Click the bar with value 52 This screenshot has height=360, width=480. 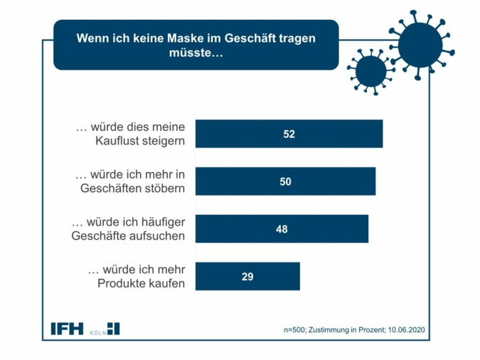(289, 134)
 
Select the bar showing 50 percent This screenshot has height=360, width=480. (285, 181)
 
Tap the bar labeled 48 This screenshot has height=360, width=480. (282, 229)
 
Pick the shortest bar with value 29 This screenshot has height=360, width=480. (247, 277)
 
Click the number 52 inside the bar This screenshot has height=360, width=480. (289, 134)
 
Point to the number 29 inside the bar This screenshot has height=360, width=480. (247, 277)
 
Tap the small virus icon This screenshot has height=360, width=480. (370, 71)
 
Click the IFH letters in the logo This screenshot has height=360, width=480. (67, 329)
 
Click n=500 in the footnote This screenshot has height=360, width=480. (296, 330)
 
